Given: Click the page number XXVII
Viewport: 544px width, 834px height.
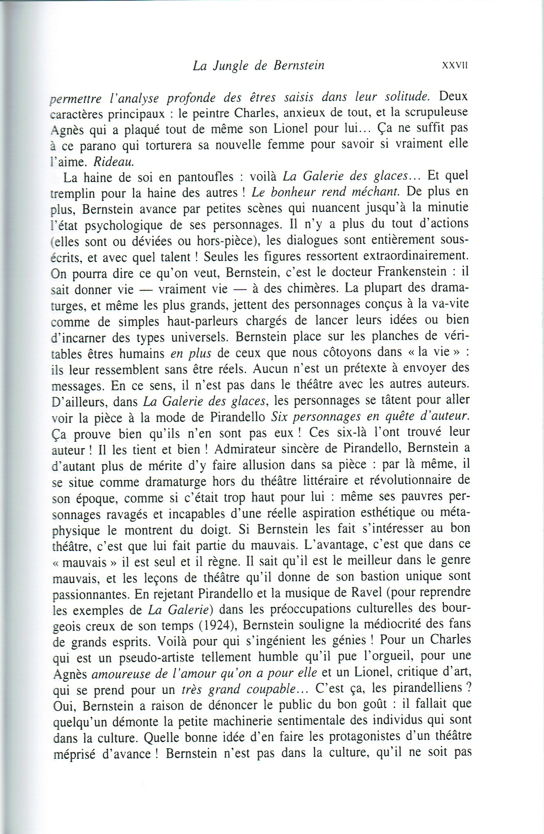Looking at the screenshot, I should coord(454,65).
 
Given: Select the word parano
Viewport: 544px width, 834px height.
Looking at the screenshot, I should coord(103,146).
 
